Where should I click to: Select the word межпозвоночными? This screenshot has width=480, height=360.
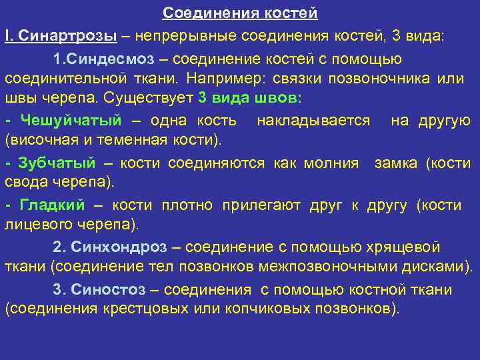[345, 267]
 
